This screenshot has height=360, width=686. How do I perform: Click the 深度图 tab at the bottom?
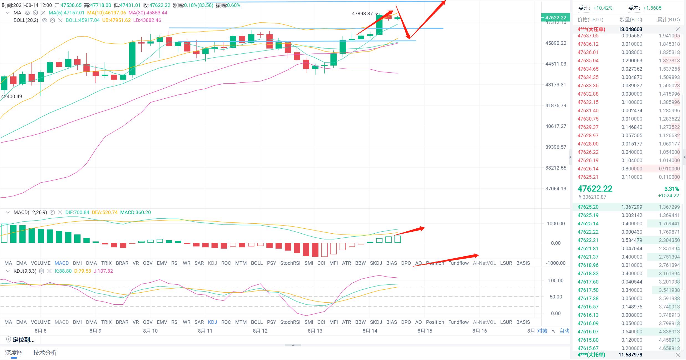point(14,353)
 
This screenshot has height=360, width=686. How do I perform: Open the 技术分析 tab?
point(45,353)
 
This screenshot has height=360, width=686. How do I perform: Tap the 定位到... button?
point(21,340)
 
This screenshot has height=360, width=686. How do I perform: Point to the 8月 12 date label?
point(260,331)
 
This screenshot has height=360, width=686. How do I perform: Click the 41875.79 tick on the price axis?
point(555,105)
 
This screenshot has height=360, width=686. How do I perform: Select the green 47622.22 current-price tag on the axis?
point(555,17)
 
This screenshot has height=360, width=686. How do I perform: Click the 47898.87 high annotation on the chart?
point(362,13)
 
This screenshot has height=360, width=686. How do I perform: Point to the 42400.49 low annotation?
point(11,96)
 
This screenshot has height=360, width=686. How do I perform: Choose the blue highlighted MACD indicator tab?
point(62,263)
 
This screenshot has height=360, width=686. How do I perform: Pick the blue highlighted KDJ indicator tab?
point(212,322)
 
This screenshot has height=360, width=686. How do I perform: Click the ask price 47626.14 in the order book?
point(588,168)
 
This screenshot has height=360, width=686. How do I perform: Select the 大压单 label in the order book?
point(591,29)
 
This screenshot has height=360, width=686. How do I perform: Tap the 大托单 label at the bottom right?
point(591,355)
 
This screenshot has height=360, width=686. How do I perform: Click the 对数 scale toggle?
point(542,331)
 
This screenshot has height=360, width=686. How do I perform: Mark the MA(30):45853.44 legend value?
point(148,13)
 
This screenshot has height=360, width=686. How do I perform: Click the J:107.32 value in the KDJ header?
point(103,271)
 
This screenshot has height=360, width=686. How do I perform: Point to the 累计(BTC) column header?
point(669,20)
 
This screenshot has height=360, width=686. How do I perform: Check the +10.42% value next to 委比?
point(603,8)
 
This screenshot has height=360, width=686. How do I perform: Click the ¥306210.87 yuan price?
point(592,197)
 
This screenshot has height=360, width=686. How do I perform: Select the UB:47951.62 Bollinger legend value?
point(116,20)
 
